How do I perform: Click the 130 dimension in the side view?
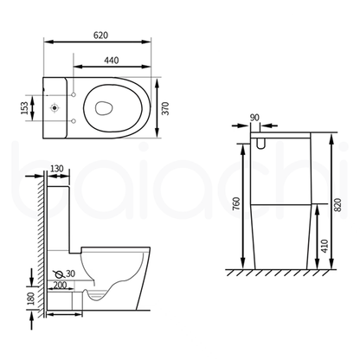click(x=56, y=169)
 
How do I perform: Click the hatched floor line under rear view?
click(x=277, y=273)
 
